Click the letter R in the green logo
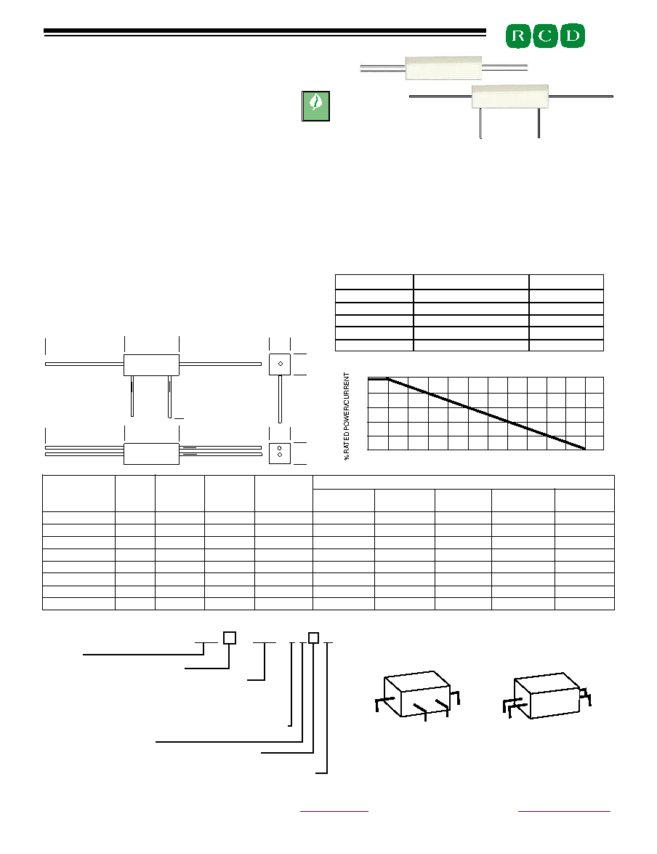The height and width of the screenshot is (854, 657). [518, 36]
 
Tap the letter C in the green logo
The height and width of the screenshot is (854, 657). [545, 36]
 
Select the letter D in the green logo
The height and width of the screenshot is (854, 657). [572, 36]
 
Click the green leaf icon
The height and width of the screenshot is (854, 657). [315, 105]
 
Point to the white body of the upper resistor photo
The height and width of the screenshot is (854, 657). [443, 68]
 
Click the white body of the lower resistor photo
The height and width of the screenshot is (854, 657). [509, 97]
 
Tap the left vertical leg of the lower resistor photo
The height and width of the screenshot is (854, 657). [480, 123]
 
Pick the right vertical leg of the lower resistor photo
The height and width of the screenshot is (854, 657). [539, 123]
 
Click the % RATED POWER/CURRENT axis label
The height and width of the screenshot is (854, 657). [347, 417]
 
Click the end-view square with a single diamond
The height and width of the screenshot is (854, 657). [280, 364]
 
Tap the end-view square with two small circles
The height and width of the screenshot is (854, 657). [280, 453]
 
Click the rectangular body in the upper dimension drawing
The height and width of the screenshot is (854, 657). [151, 365]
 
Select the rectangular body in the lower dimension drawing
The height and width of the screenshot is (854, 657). [151, 454]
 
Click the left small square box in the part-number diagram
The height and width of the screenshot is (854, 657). [230, 638]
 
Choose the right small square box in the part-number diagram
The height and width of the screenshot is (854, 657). [313, 638]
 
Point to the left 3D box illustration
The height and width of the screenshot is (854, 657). [417, 695]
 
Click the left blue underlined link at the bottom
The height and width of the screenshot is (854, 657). [334, 812]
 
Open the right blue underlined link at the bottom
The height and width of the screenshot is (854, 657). [564, 812]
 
